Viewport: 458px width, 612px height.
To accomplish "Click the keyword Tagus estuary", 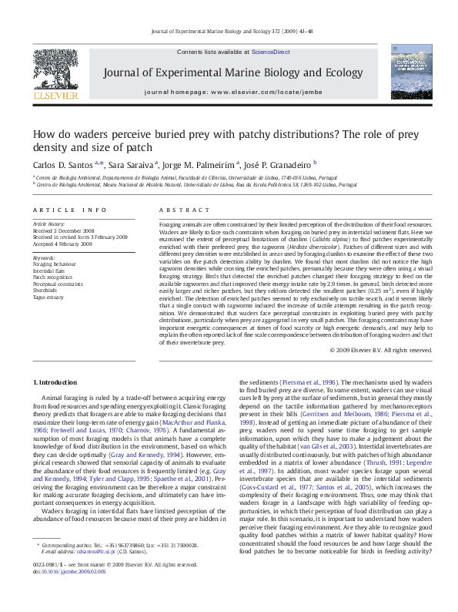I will (x=50, y=297).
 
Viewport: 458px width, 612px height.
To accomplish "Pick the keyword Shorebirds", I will (x=46, y=291).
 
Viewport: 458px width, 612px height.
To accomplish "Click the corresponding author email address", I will (x=95, y=573).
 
